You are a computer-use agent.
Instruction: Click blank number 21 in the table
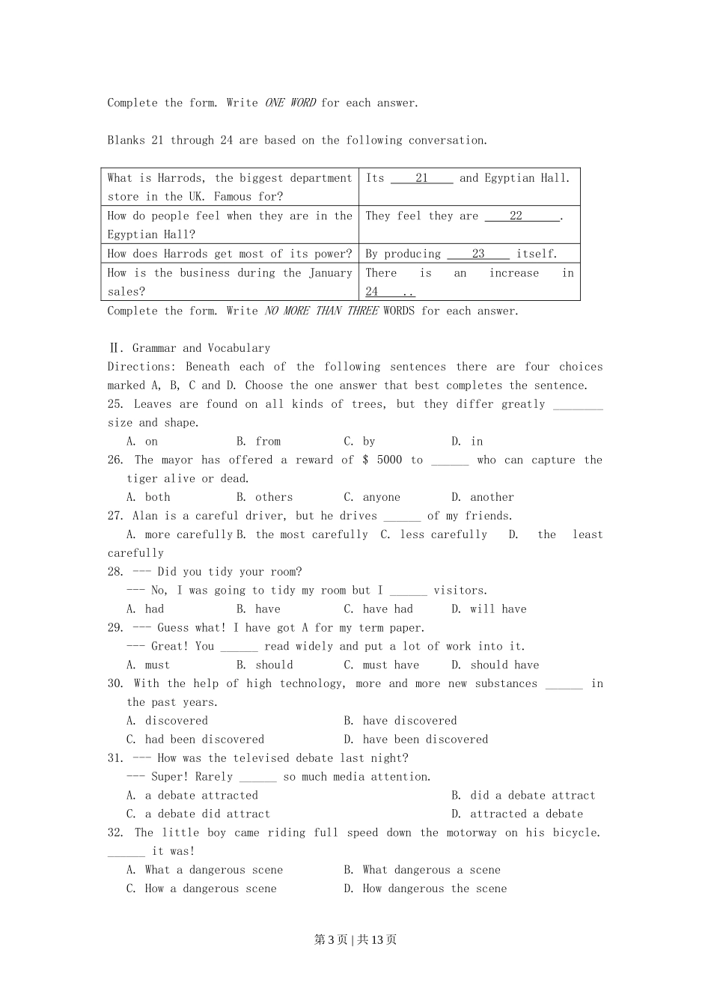(421, 178)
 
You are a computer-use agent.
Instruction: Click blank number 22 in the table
(516, 216)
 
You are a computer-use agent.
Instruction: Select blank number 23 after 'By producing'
(478, 254)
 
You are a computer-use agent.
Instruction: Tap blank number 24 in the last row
(372, 292)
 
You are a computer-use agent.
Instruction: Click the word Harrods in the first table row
(180, 178)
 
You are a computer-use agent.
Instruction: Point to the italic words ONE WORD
(290, 103)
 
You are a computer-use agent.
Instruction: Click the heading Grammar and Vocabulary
(201, 348)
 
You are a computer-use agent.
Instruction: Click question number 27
(115, 516)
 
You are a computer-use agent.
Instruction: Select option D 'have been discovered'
(416, 740)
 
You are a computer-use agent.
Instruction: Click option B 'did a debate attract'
(524, 796)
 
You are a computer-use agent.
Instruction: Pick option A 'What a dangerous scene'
(205, 870)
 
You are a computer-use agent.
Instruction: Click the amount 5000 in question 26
(389, 460)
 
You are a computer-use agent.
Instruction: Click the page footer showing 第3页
(330, 940)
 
